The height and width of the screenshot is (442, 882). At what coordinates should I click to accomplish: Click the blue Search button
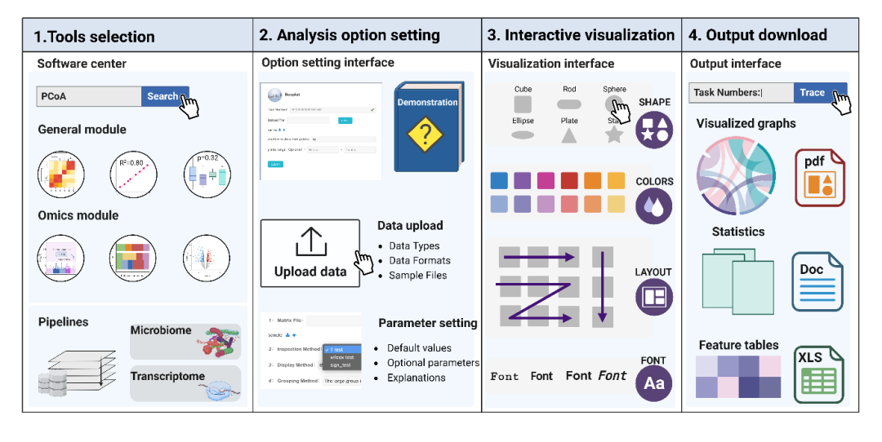(163, 96)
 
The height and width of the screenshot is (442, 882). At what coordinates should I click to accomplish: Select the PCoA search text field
(89, 96)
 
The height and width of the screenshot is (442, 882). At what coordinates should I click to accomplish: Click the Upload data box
(310, 253)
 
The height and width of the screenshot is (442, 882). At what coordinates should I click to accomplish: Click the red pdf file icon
(819, 177)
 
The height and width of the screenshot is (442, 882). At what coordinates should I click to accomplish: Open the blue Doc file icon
(817, 281)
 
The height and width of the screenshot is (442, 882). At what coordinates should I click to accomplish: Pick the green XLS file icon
(819, 374)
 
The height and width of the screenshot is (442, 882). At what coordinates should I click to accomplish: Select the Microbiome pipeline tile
(185, 341)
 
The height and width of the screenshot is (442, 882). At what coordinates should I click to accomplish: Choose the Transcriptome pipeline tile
(185, 384)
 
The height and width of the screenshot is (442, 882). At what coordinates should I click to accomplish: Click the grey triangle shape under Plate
(568, 135)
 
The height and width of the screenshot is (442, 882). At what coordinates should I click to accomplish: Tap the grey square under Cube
(523, 104)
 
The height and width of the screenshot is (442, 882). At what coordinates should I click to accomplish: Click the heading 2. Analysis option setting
(350, 35)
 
